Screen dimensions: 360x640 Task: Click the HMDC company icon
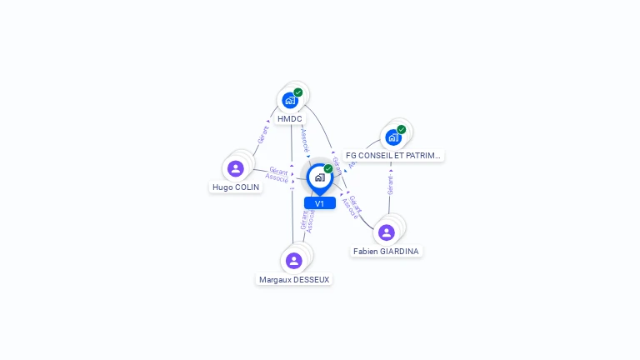289,100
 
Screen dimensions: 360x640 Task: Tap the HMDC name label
290,119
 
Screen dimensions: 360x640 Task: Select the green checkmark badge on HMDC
298,92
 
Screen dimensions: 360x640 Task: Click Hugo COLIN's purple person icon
236,168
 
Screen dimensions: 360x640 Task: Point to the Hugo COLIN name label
236,187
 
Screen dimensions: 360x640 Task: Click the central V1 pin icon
319,177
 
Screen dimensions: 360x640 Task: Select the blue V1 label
319,203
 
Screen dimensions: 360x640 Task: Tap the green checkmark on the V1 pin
328,169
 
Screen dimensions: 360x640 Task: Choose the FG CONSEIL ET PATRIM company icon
392,137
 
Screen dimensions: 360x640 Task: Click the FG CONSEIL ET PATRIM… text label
394,156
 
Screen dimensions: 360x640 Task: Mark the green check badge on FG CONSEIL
402,130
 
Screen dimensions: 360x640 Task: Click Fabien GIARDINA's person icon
386,232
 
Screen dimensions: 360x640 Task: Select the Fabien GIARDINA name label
386,251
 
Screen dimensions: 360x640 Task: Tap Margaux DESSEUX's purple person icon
293,261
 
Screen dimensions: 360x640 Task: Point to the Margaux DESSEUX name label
294,280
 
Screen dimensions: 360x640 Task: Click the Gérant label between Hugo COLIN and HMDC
262,136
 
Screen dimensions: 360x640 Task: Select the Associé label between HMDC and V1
306,139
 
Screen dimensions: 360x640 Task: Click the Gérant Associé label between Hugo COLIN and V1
277,174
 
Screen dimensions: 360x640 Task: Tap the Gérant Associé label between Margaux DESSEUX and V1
307,218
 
